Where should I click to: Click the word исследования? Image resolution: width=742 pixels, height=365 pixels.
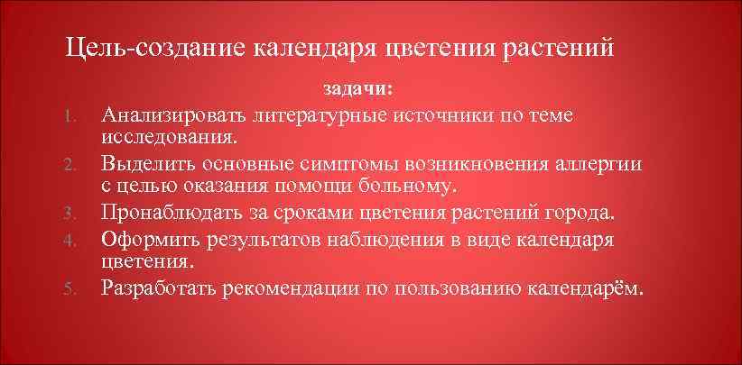(x=170, y=139)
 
